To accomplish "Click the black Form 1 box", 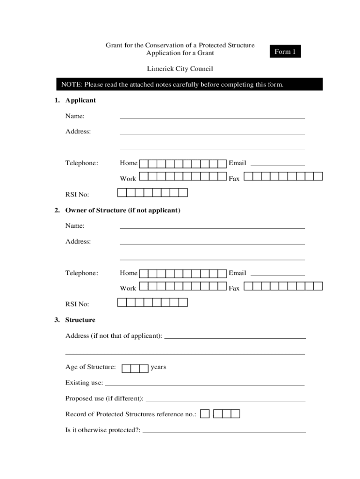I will pyautogui.click(x=285, y=51).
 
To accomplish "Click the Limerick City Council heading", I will pyautogui.click(x=180, y=69).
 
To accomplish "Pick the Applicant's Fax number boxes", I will pyautogui.click(x=283, y=176).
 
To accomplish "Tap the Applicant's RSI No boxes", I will pyautogui.click(x=152, y=193).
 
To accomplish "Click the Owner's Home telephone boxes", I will pyautogui.click(x=183, y=273).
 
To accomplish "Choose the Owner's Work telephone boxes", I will pyautogui.click(x=183, y=286).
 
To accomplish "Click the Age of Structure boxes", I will pyautogui.click(x=135, y=369).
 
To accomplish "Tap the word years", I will pyautogui.click(x=158, y=367).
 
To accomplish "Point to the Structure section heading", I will pyautogui.click(x=80, y=320).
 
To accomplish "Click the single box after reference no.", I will pyautogui.click(x=205, y=414).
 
